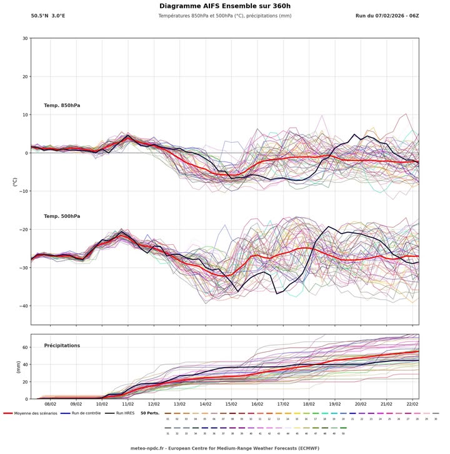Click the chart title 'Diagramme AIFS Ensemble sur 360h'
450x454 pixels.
pos(225,6)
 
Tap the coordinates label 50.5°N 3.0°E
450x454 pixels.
pos(47,16)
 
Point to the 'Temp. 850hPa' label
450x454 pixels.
pos(62,105)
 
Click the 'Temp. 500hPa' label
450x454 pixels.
pos(62,216)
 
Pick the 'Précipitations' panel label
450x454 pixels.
pos(62,346)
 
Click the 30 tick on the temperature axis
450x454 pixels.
pos(24,38)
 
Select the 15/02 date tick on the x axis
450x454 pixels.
pos(231,405)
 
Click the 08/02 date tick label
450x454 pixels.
pos(50,405)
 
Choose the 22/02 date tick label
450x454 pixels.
pos(412,405)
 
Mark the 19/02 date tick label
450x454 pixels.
pos(335,405)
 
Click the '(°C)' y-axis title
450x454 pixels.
pos(14,181)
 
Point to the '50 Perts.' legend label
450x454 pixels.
pos(150,413)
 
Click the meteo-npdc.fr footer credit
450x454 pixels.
pos(225,448)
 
